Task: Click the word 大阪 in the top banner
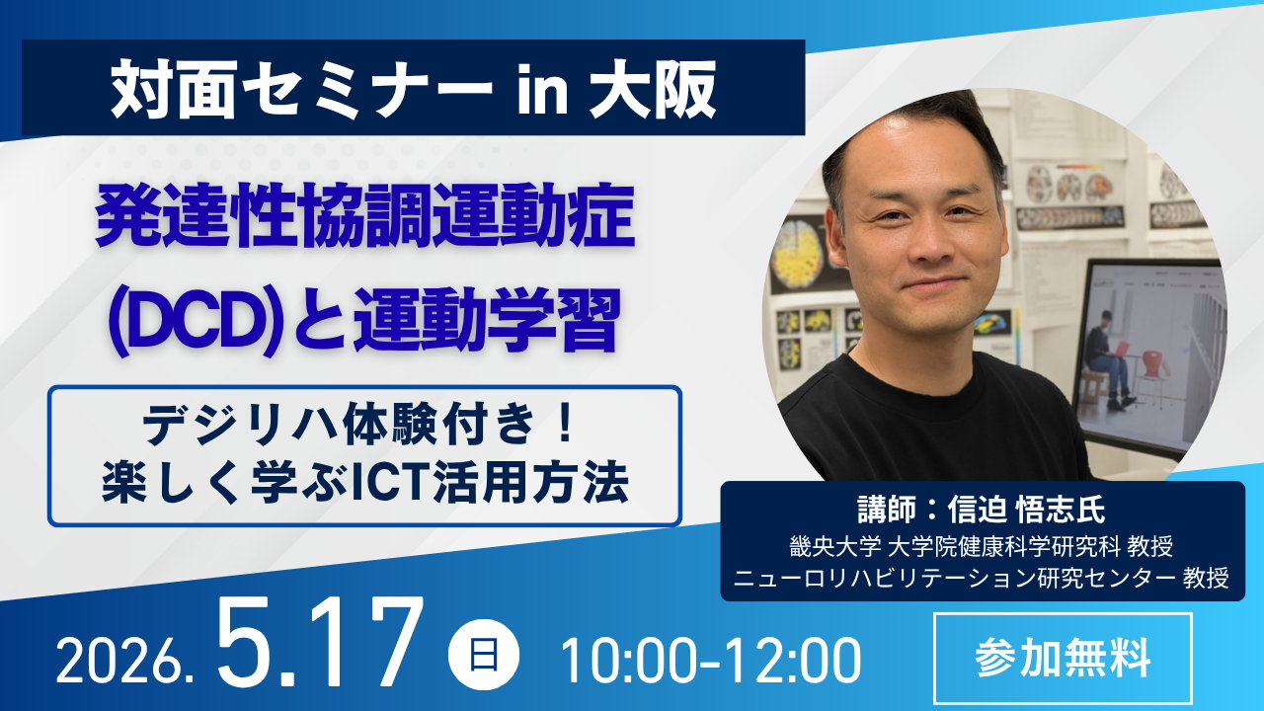(x=653, y=90)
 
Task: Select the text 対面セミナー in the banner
(x=302, y=90)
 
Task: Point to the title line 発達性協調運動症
(x=365, y=216)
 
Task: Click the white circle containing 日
(x=484, y=655)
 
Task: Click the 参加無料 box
(x=1063, y=658)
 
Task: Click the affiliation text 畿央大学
(x=835, y=546)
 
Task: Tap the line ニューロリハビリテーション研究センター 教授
(x=982, y=578)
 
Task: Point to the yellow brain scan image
(x=797, y=254)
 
